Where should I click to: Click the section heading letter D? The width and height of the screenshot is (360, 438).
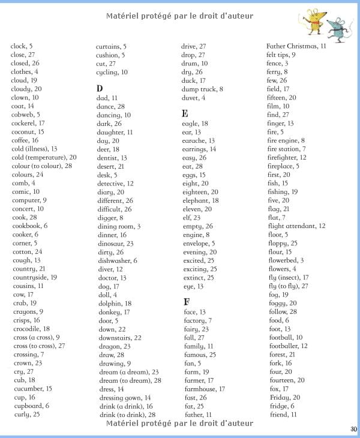[100, 88]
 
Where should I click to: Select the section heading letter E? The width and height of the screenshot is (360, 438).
[185, 113]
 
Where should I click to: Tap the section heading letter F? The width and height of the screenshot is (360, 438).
[187, 301]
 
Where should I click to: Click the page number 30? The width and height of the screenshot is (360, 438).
[352, 428]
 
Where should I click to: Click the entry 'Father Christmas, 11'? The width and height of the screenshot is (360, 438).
[296, 46]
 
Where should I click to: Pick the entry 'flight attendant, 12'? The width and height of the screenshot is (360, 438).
[296, 226]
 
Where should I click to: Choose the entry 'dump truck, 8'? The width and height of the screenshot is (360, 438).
[202, 89]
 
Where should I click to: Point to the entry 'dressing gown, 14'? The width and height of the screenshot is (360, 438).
[125, 398]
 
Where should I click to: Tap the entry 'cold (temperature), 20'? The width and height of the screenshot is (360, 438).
[44, 157]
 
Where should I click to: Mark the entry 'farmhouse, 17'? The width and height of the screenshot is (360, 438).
[204, 389]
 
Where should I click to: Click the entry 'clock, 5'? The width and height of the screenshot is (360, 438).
[22, 46]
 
